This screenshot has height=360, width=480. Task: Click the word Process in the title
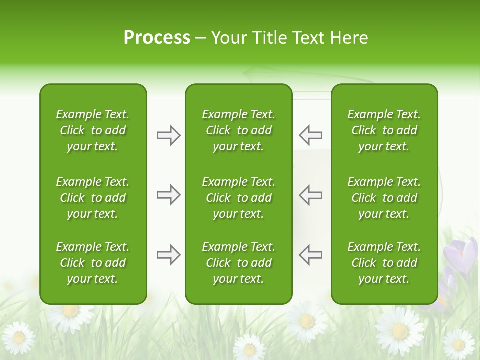click(x=157, y=38)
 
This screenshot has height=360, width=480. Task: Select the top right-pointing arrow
click(x=168, y=135)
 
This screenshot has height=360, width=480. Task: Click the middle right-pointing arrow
click(x=168, y=195)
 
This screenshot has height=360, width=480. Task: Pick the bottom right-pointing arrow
click(x=168, y=255)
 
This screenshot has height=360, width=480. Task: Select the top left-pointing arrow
click(x=310, y=135)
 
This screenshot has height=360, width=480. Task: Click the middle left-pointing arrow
click(x=310, y=195)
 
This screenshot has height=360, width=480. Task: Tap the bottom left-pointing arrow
click(x=310, y=255)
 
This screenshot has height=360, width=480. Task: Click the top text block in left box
click(x=93, y=130)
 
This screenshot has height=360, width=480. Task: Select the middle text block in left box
click(x=93, y=198)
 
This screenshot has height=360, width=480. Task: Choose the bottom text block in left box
click(x=93, y=263)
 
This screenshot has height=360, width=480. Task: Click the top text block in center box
click(x=238, y=130)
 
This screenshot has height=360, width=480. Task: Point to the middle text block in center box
click(x=238, y=198)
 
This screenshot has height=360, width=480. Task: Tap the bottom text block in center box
click(x=238, y=263)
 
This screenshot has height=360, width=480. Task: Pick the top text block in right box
click(x=384, y=130)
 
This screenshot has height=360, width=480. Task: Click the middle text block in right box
click(x=384, y=198)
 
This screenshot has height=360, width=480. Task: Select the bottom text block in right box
click(x=384, y=263)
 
